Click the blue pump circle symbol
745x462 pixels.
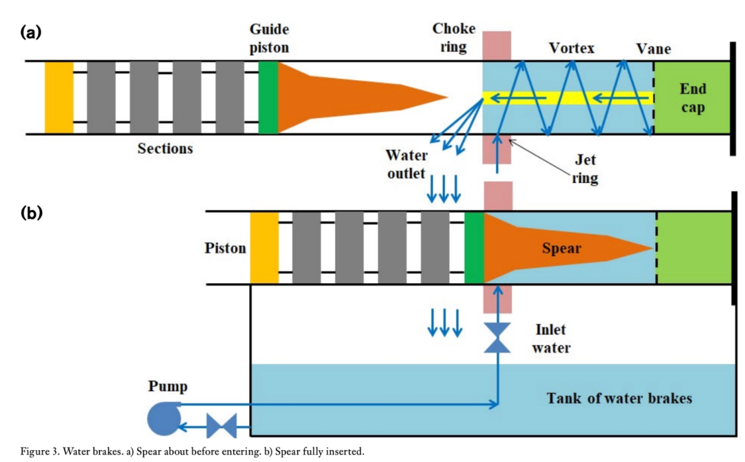pyautogui.click(x=163, y=418)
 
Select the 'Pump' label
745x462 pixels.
pyautogui.click(x=166, y=385)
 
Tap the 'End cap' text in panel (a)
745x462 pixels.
pyautogui.click(x=693, y=98)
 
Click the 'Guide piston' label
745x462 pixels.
pyautogui.click(x=270, y=39)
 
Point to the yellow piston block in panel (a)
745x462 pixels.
pyautogui.click(x=59, y=97)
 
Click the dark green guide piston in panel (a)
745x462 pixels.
pyautogui.click(x=268, y=97)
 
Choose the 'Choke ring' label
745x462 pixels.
pyautogui.click(x=454, y=38)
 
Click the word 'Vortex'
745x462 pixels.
pyautogui.click(x=572, y=48)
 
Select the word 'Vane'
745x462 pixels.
pyautogui.click(x=653, y=48)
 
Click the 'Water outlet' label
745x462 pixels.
pyautogui.click(x=405, y=163)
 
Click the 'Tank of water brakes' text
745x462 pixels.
pyautogui.click(x=619, y=398)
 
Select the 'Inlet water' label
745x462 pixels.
pyautogui.click(x=552, y=338)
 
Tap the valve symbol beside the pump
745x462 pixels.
pyautogui.click(x=221, y=426)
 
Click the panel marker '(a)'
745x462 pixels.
pyautogui.click(x=32, y=31)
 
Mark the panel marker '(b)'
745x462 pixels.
pyautogui.click(x=32, y=213)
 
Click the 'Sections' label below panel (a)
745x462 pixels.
pyautogui.click(x=166, y=148)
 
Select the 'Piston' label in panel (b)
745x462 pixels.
pyautogui.click(x=226, y=248)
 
